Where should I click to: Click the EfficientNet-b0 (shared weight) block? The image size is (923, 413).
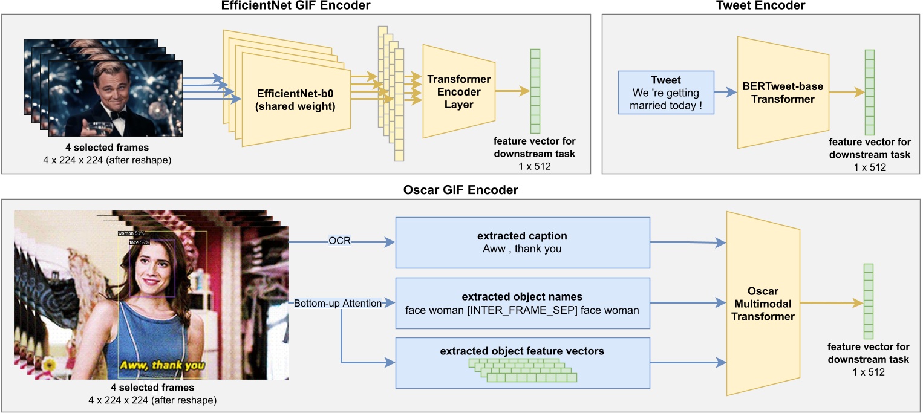(x=296, y=100)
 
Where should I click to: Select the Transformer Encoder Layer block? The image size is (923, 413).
(x=458, y=91)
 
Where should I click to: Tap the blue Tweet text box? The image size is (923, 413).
(x=666, y=93)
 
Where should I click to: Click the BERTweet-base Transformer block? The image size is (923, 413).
(x=783, y=93)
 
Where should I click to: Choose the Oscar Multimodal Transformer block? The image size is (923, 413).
(x=763, y=304)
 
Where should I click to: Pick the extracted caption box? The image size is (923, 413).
(x=523, y=242)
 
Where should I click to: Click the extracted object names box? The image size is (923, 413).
(x=523, y=303)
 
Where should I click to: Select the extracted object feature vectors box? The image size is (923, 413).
(x=523, y=363)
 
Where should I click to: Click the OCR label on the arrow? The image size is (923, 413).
(x=339, y=241)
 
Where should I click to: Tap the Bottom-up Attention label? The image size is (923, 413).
(x=338, y=303)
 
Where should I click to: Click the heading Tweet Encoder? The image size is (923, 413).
(x=761, y=5)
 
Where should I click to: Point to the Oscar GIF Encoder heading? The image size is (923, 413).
(x=460, y=190)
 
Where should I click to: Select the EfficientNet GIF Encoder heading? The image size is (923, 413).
(x=295, y=5)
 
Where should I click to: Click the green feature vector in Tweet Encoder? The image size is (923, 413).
(x=869, y=93)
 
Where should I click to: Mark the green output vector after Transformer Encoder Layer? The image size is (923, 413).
(x=535, y=91)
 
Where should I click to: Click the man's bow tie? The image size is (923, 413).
(x=119, y=115)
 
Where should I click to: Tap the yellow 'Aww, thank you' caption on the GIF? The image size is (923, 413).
(x=162, y=365)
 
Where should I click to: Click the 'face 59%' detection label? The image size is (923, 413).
(x=139, y=242)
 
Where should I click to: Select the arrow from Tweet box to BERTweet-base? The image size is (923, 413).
(x=725, y=93)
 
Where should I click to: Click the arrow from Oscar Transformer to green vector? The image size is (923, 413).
(x=832, y=303)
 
